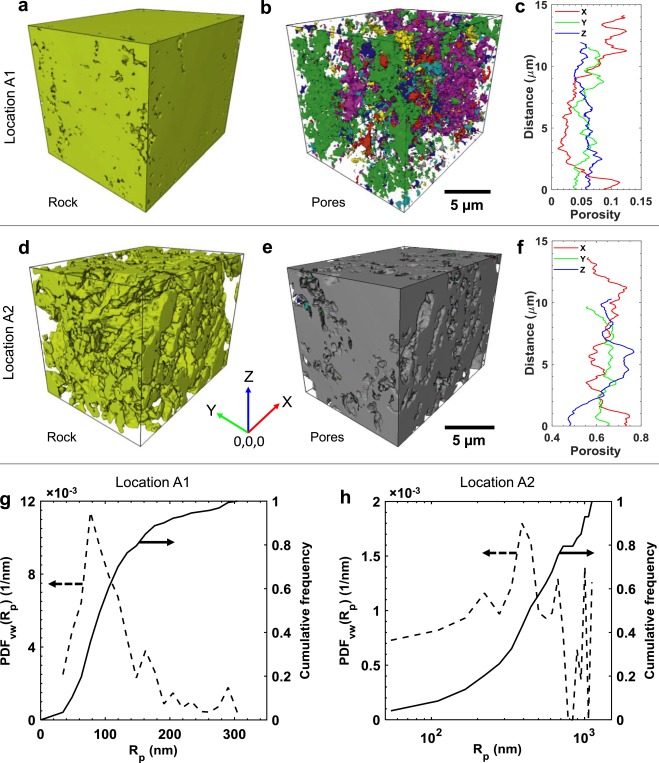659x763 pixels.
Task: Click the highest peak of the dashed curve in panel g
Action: click(91, 516)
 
